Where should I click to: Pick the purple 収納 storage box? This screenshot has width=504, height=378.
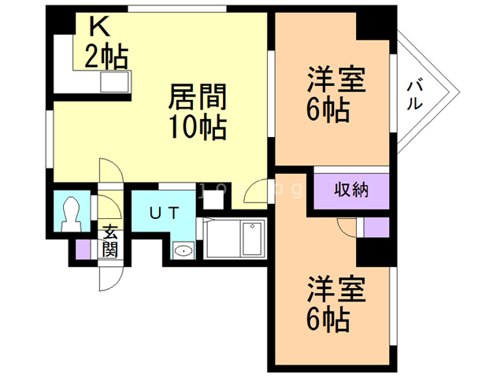pos(352,189)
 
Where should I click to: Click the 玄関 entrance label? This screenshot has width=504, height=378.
pos(109,242)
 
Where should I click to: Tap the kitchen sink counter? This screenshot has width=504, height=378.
pos(110,81)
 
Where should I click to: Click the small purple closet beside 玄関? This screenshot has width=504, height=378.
pos(84,248)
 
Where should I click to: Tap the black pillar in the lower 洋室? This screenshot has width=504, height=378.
pos(373,252)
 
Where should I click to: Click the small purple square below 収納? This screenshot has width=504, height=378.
pos(376,225)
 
